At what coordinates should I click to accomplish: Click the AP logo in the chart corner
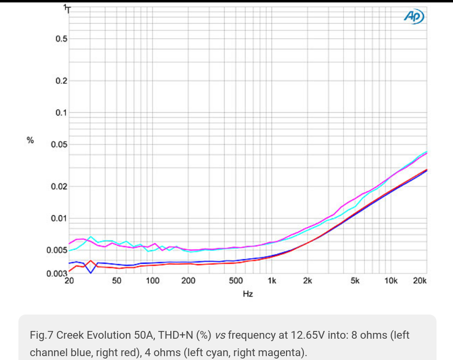(x=414, y=17)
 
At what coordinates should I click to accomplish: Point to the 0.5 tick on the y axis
(x=61, y=39)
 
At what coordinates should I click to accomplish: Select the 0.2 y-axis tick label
(x=61, y=81)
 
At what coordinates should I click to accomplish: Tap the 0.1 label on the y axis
(x=61, y=113)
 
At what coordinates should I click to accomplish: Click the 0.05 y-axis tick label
(x=59, y=145)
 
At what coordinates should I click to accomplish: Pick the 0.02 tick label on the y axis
(x=59, y=187)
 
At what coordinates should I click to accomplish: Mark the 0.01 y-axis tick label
(x=59, y=219)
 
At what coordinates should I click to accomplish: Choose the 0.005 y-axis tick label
(x=57, y=251)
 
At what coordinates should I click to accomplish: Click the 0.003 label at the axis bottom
(x=57, y=274)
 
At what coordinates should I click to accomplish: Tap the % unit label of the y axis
(x=30, y=141)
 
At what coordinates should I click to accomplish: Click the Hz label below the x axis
(x=248, y=294)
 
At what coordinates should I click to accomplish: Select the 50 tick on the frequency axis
(x=117, y=281)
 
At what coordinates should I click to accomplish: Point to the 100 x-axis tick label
(x=152, y=281)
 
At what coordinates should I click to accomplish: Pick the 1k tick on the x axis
(x=272, y=281)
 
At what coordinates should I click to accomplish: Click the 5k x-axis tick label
(x=355, y=281)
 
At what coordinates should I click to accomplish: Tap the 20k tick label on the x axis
(x=420, y=281)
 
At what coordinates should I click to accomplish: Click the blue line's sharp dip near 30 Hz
(x=91, y=273)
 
